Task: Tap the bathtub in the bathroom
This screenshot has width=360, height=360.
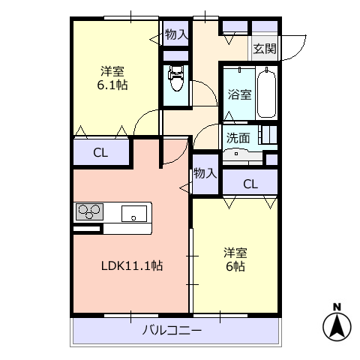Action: click(x=266, y=93)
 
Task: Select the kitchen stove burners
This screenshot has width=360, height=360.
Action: click(x=89, y=211)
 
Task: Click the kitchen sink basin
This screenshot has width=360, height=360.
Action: click(x=134, y=214)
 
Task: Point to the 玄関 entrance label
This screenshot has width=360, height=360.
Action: click(x=265, y=49)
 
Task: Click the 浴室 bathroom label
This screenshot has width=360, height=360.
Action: click(x=239, y=94)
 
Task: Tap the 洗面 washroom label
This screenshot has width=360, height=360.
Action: click(x=238, y=138)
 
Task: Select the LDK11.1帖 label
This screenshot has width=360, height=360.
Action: click(x=132, y=265)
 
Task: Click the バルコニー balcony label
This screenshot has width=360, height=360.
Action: click(x=172, y=331)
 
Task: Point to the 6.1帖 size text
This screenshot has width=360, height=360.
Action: click(x=112, y=85)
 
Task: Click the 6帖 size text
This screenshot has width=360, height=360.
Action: click(x=235, y=266)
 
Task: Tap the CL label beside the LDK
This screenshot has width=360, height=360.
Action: click(x=100, y=153)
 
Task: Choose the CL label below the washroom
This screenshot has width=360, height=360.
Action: click(x=250, y=184)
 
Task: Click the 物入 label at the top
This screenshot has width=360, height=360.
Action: click(x=177, y=34)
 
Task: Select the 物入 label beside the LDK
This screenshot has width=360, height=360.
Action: click(x=205, y=173)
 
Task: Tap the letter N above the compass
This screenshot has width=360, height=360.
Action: click(x=337, y=307)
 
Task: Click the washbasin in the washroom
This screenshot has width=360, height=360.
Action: click(x=236, y=154)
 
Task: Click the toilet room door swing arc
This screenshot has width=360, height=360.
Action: click(x=209, y=88)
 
